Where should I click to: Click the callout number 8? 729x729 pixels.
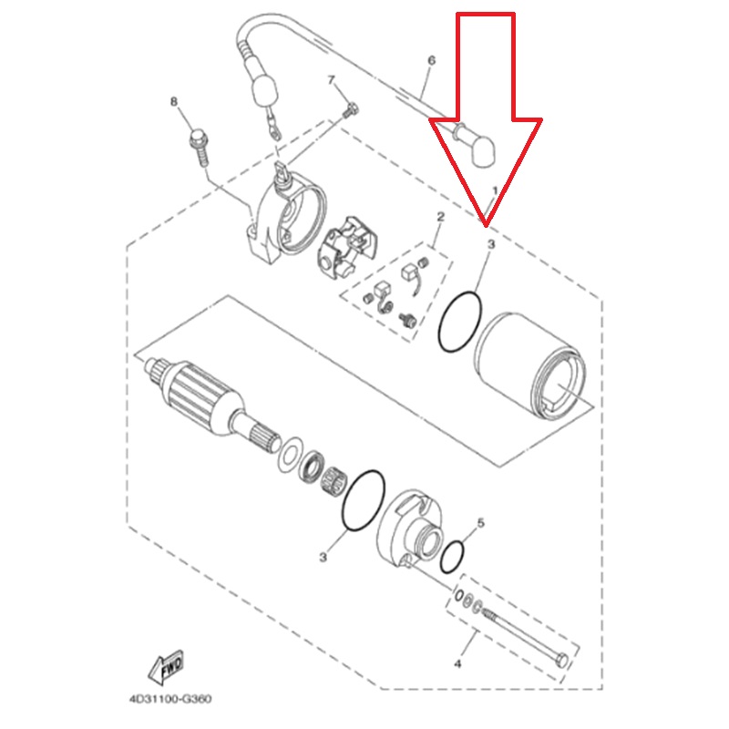coord(174,101)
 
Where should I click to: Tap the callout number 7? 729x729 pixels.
coord(331,80)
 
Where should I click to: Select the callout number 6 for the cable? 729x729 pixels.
coord(431,60)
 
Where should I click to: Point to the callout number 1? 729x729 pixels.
coord(495,190)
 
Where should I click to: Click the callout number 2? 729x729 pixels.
coord(440,217)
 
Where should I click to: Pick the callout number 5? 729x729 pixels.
coord(481,522)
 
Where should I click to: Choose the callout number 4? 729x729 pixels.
coord(457,664)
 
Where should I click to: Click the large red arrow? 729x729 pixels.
coord(486,120)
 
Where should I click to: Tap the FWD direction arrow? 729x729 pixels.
coord(166,668)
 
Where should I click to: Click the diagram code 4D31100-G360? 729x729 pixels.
coord(170,699)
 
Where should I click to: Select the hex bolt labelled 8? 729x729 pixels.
coord(199,147)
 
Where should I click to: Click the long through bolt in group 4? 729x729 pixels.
coord(526,636)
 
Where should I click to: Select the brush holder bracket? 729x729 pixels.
coord(347,246)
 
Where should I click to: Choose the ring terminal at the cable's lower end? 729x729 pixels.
coord(272,128)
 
